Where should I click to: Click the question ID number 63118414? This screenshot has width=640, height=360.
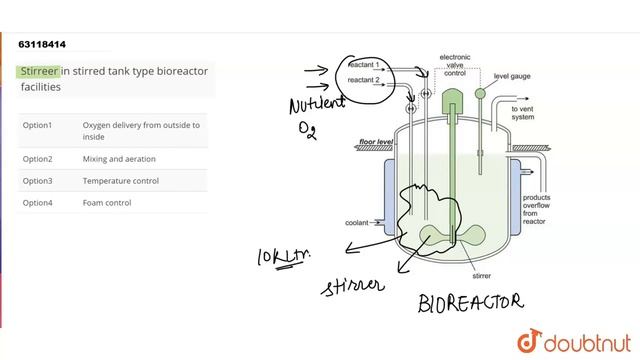coord(43,44)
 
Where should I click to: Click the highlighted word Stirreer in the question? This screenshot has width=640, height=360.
coord(40,72)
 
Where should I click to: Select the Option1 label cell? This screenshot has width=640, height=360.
coord(37,125)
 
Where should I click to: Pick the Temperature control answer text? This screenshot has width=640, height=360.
coord(121,181)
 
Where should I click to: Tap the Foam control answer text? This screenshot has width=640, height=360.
coord(107,203)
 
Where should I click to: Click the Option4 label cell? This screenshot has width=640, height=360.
coord(37,203)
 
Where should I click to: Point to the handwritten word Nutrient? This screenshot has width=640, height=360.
coord(316,104)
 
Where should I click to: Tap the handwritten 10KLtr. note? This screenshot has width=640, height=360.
coord(283,258)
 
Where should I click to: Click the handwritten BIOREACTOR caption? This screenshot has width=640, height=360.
coord(470,302)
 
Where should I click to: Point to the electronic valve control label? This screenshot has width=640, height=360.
coord(455,66)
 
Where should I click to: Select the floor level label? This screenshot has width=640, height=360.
coord(376,143)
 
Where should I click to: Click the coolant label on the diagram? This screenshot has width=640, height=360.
coord(357,222)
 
